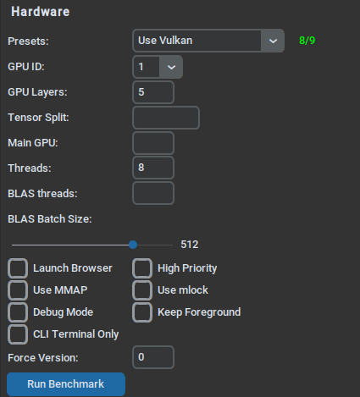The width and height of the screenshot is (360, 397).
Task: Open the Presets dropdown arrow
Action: point(273,41)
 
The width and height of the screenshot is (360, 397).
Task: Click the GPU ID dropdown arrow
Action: point(171,67)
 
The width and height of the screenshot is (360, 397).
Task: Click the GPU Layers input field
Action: point(153,92)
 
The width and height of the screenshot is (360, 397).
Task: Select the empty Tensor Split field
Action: point(166,118)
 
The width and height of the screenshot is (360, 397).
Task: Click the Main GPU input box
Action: point(153,143)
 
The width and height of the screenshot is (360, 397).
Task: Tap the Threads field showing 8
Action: point(153,168)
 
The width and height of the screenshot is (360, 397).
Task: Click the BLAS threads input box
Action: point(153,193)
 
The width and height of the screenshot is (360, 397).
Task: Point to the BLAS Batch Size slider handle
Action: point(133,245)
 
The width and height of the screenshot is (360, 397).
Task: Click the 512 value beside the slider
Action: point(190,245)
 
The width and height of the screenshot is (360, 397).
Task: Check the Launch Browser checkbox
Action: point(18,268)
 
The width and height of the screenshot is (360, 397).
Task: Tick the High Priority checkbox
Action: point(142,268)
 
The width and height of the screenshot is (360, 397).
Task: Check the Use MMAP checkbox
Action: point(18,290)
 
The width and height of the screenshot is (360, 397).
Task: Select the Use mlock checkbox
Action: point(142,290)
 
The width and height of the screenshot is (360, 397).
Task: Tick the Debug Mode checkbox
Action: point(18,312)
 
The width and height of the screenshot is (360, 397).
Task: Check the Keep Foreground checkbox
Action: point(142,312)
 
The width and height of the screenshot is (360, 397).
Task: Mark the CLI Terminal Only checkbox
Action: point(18,334)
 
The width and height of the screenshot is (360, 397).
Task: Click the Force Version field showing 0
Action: point(153,357)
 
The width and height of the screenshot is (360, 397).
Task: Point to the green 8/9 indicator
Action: point(307,41)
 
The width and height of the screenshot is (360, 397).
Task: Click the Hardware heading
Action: point(41,12)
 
